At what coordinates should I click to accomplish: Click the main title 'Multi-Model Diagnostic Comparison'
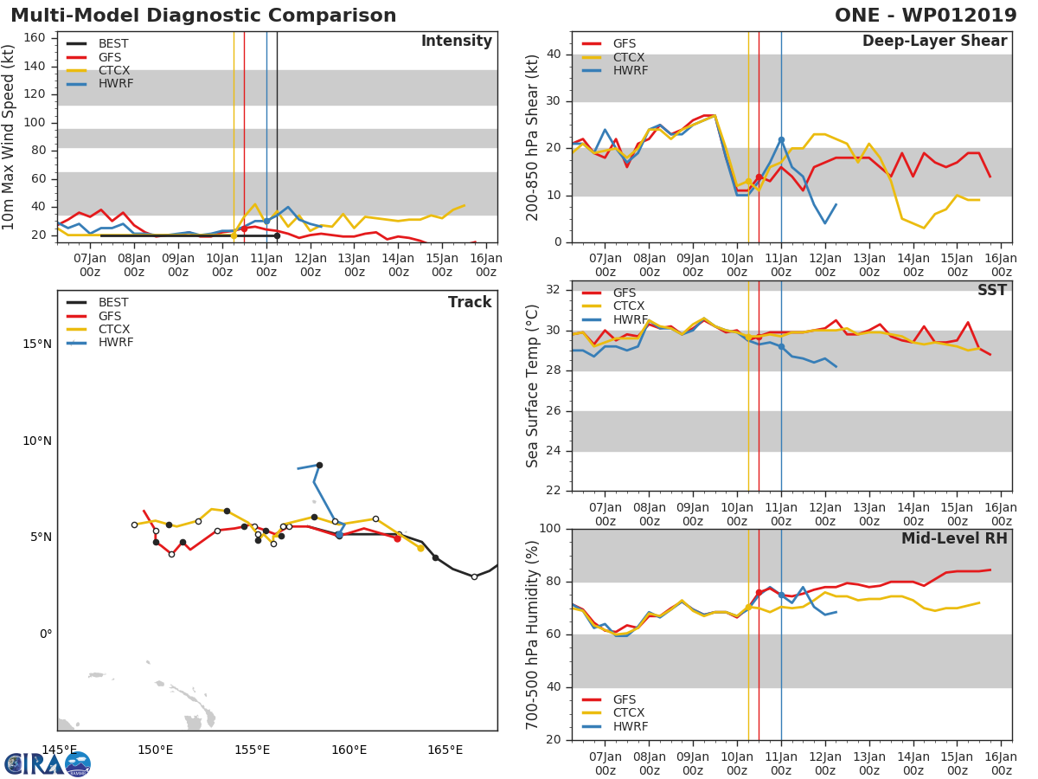click(x=203, y=16)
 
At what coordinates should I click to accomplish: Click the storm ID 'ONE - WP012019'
click(x=926, y=16)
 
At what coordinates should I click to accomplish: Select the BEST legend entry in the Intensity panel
click(x=113, y=43)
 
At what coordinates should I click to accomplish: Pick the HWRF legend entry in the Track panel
click(x=115, y=343)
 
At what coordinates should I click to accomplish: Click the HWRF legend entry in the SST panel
click(x=630, y=319)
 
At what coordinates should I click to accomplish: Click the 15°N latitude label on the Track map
click(x=36, y=344)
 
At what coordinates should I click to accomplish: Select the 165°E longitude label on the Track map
click(x=445, y=750)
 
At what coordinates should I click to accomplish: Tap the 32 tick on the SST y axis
click(x=554, y=290)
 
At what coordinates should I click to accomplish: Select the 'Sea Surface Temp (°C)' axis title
click(x=533, y=385)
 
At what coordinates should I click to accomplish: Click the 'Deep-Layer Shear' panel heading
click(x=934, y=42)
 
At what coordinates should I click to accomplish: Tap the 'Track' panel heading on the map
click(x=469, y=302)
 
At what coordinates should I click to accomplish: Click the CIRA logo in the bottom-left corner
click(x=47, y=763)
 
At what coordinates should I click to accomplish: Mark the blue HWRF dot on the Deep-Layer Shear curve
click(x=781, y=139)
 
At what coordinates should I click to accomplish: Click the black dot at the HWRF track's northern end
click(x=319, y=465)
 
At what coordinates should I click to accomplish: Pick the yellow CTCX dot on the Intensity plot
click(x=234, y=235)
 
